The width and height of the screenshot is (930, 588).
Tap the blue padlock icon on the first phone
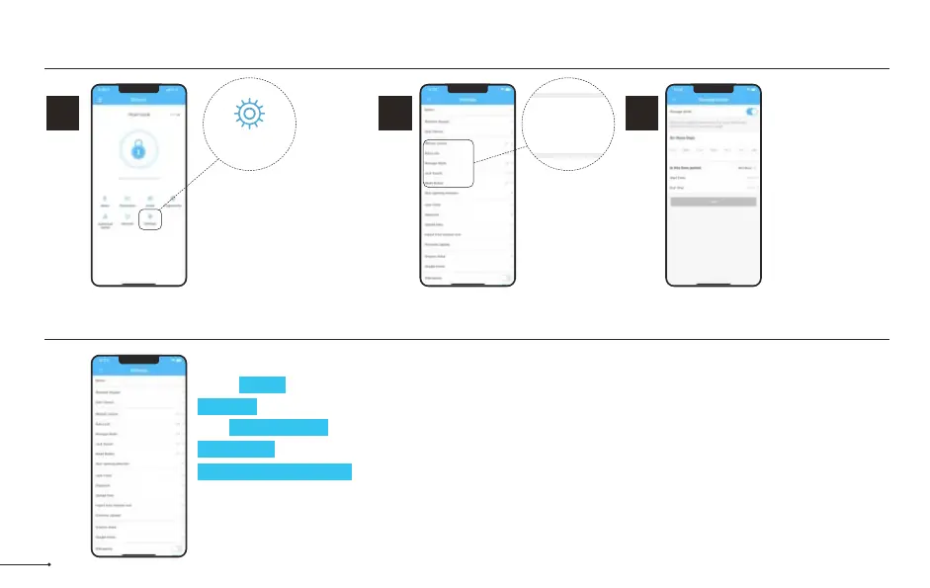[138, 153]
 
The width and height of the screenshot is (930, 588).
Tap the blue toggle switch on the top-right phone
[751, 113]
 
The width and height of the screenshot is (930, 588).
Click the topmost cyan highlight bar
[262, 384]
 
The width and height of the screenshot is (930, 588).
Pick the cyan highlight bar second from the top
[227, 405]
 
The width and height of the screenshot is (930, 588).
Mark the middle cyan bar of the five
[279, 427]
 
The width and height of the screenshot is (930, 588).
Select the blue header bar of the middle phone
[467, 98]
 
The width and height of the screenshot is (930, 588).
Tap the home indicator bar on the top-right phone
[713, 283]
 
